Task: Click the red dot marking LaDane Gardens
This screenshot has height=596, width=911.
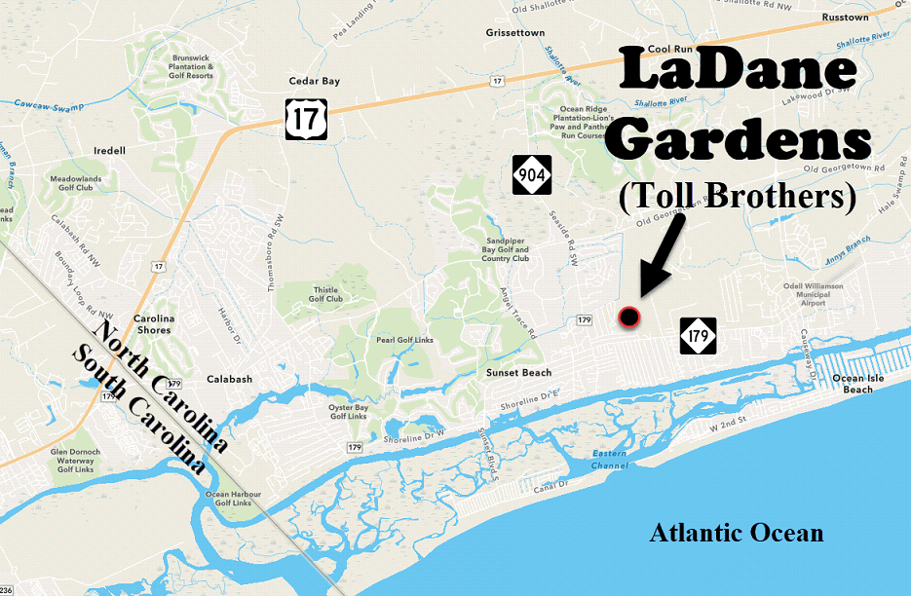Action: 628,316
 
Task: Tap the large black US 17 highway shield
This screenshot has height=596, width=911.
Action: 306,119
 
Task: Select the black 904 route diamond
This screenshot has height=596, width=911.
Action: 532,174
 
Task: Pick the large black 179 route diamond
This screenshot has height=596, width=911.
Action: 698,336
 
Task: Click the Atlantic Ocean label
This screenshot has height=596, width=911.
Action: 737,533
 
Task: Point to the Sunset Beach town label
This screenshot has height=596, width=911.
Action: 518,373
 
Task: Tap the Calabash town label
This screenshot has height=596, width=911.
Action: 230,380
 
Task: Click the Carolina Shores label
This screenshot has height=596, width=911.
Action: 153,324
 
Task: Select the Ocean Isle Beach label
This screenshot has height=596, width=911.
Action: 858,384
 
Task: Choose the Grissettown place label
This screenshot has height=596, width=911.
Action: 514,32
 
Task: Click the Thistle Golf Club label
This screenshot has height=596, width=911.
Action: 326,294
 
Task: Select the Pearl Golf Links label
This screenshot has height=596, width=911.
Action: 403,340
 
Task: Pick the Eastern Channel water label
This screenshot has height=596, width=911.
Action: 609,460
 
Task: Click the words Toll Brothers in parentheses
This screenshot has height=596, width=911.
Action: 737,197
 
